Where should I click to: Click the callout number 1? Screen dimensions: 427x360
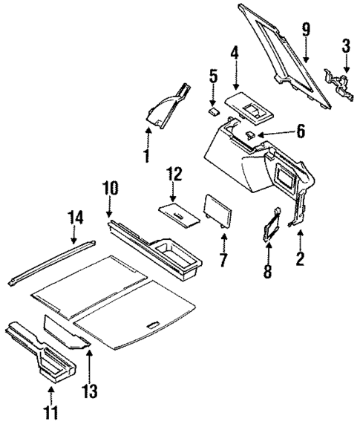point(146,155)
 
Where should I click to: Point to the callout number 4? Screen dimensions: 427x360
point(234,53)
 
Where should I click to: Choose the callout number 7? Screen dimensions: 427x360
point(223,261)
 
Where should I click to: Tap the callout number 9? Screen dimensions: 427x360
point(305,30)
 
